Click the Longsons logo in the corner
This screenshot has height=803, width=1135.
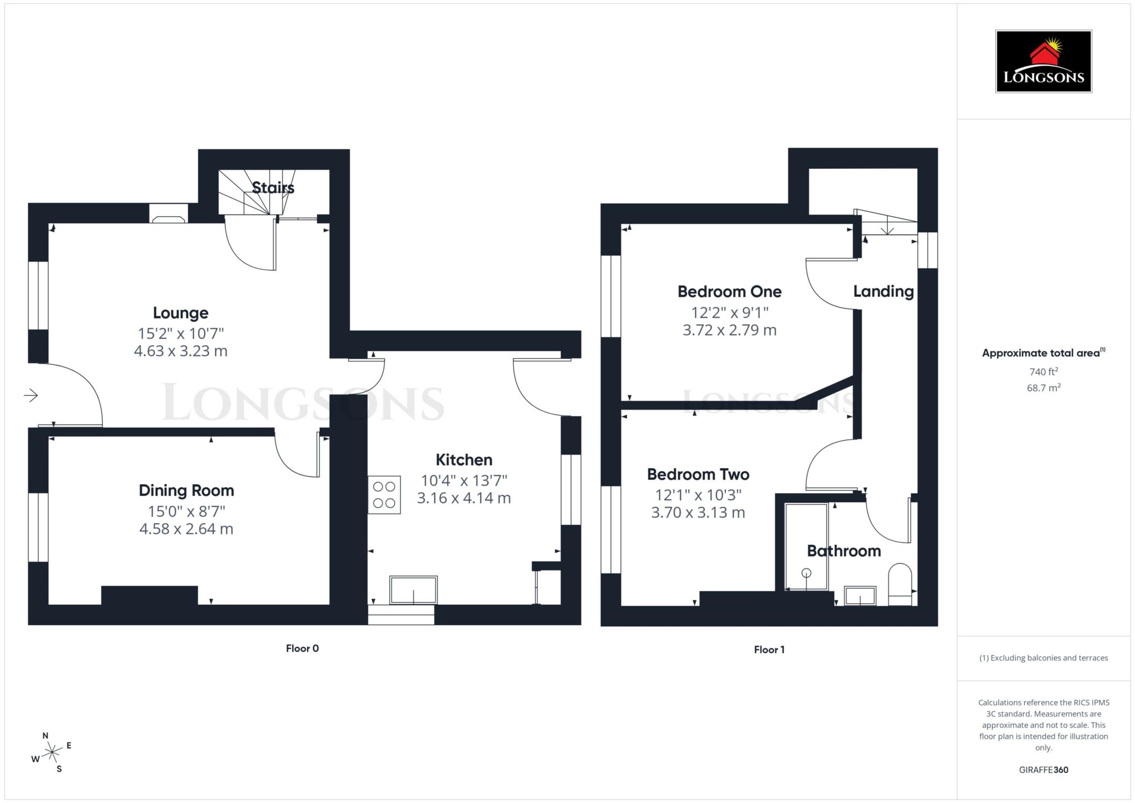(1043, 62)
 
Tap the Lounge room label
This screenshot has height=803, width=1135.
(181, 313)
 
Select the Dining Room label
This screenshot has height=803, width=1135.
(186, 490)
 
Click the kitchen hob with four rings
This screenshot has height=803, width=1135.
(384, 495)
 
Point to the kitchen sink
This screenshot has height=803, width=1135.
(413, 590)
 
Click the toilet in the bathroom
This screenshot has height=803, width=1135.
(900, 585)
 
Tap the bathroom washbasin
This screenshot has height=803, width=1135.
(860, 596)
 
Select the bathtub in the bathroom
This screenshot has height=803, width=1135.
(806, 546)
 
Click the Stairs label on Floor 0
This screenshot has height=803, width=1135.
(273, 188)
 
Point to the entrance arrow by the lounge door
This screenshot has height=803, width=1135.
(31, 395)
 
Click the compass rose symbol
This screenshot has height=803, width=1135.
(52, 753)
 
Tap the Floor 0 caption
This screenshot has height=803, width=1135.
(302, 648)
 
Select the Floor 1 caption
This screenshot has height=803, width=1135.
(769, 649)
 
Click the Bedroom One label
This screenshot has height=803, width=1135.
(729, 291)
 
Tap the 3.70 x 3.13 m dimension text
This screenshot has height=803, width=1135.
(698, 513)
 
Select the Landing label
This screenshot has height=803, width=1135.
(883, 291)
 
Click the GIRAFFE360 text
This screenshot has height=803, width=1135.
(1043, 770)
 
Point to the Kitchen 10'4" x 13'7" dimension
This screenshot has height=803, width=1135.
(464, 480)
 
